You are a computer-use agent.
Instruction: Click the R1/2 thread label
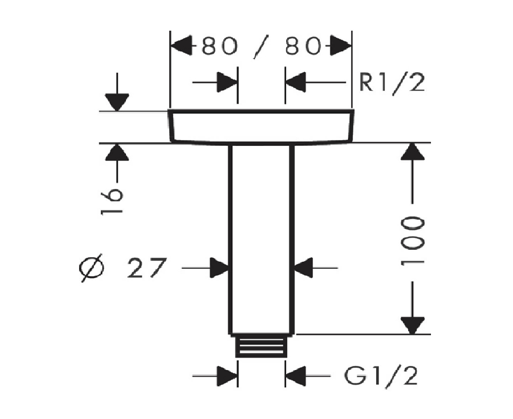(x=391, y=83)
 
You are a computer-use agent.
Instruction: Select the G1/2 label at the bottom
(x=381, y=376)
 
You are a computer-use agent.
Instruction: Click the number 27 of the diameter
(x=145, y=269)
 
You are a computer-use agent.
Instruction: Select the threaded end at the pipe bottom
(x=261, y=346)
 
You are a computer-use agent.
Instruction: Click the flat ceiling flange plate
(x=261, y=127)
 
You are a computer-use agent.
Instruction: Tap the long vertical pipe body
(x=261, y=237)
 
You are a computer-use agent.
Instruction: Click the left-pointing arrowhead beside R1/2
(x=296, y=82)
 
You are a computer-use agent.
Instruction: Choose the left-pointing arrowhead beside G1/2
(x=296, y=376)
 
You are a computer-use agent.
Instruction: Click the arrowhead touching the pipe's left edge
(x=219, y=269)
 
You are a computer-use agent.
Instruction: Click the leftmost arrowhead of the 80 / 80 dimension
(x=180, y=47)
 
